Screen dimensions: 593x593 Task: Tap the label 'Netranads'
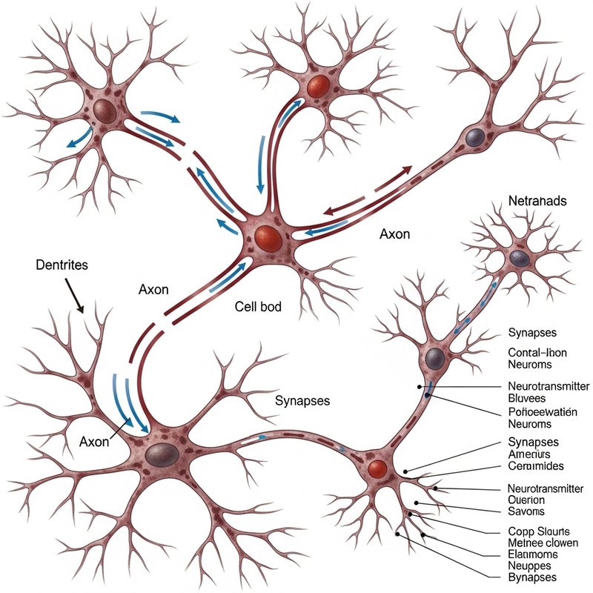click(537, 201)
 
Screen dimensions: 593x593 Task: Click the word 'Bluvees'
click(528, 398)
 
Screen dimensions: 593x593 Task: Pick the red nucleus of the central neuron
click(268, 238)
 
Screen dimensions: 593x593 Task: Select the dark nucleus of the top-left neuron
click(105, 112)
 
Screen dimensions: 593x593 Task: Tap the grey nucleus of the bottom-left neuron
click(159, 452)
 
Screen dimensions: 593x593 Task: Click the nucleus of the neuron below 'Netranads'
click(519, 258)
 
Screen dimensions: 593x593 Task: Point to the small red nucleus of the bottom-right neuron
click(377, 468)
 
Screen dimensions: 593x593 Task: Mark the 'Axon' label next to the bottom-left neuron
click(94, 441)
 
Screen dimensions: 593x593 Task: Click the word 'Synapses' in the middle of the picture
click(302, 401)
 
